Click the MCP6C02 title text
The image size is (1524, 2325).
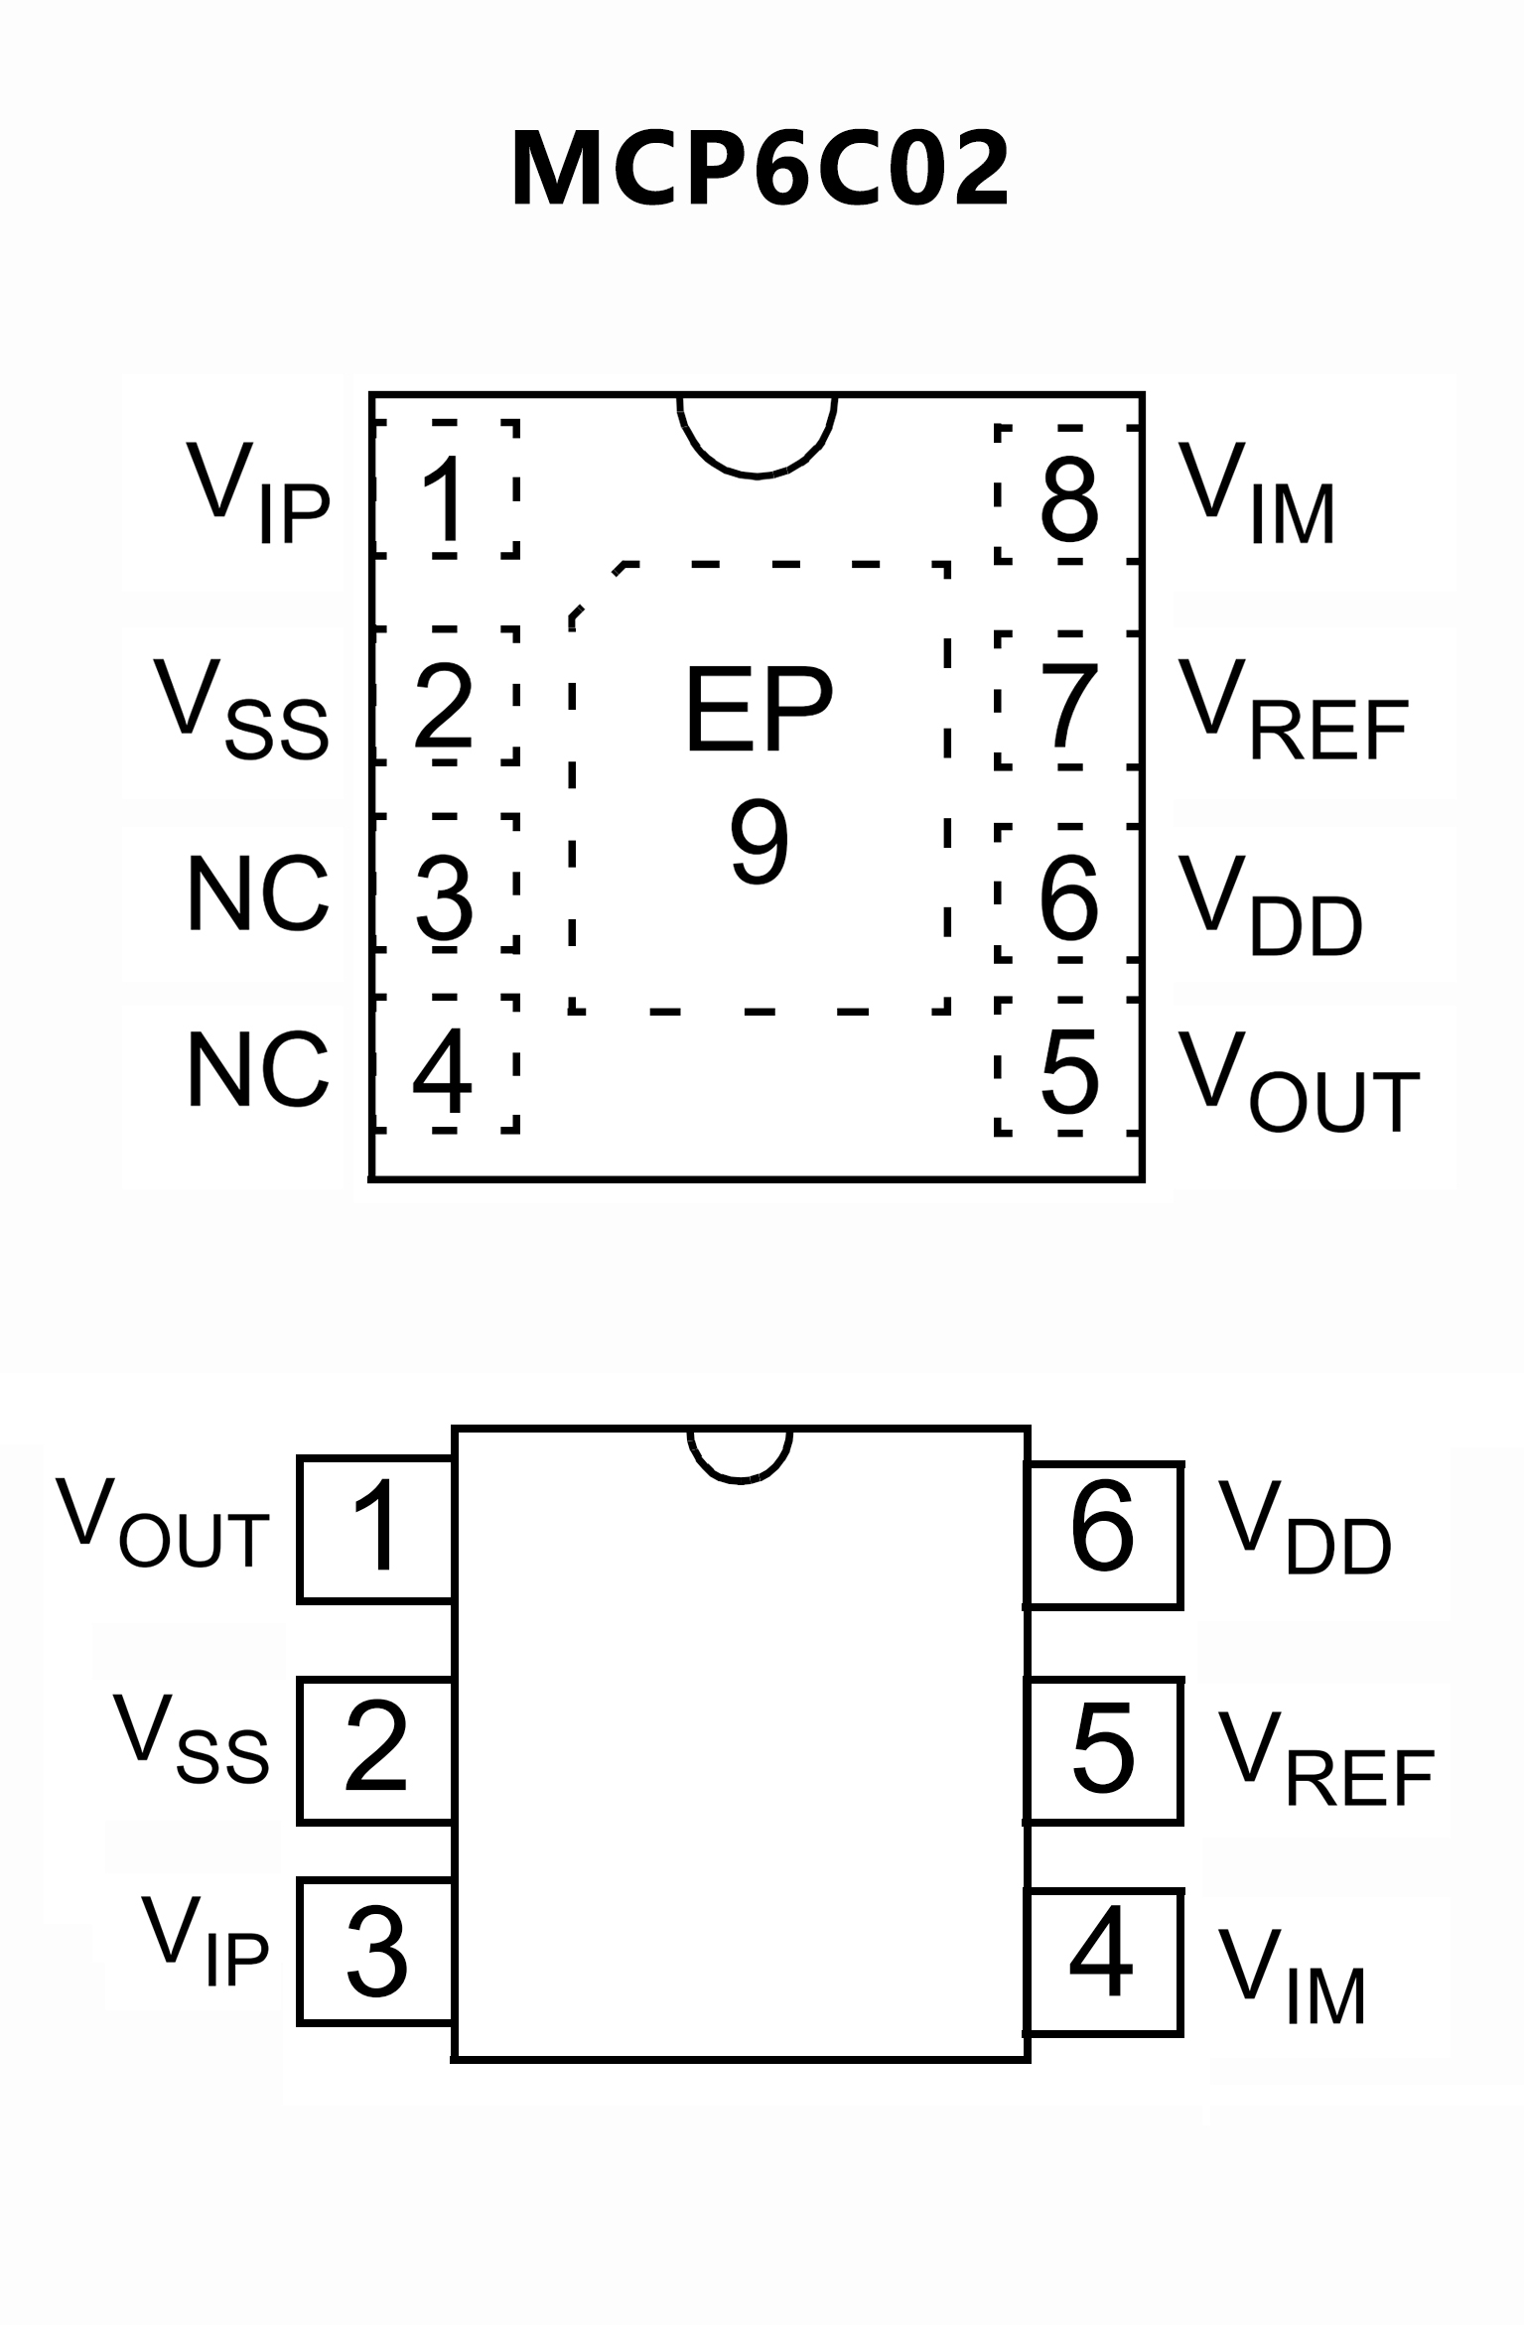[x=761, y=170]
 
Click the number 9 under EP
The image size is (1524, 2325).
[x=760, y=842]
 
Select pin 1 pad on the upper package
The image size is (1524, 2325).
[x=446, y=489]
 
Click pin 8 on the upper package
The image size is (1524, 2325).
[x=1068, y=495]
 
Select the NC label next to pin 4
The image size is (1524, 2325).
[x=257, y=1070]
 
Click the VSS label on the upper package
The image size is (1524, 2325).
[x=241, y=710]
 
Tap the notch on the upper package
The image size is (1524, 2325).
[x=758, y=433]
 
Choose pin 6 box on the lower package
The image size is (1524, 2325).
[x=1103, y=1534]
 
